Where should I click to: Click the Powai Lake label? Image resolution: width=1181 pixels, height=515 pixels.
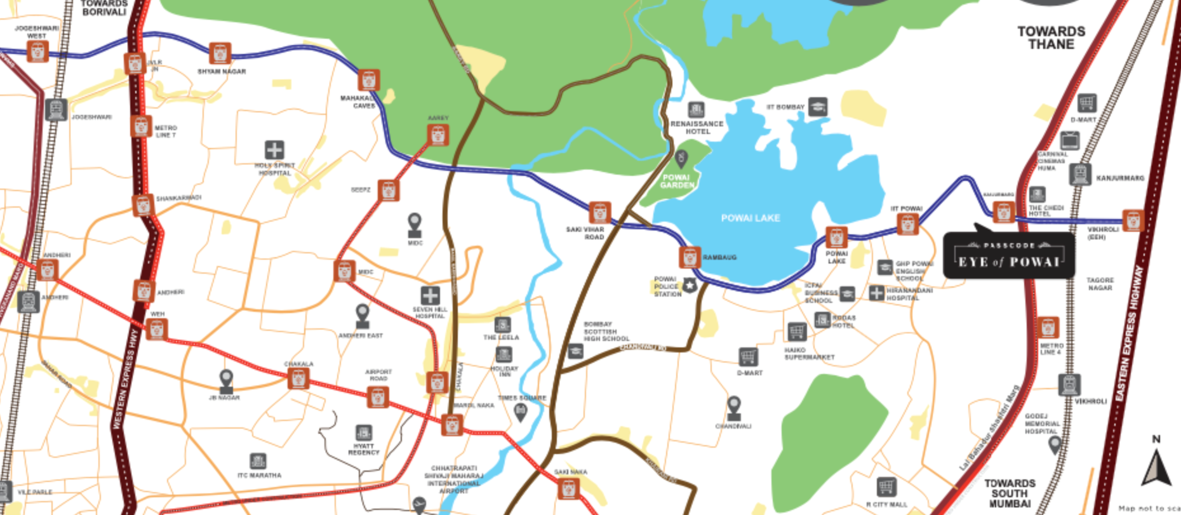(x=750, y=218)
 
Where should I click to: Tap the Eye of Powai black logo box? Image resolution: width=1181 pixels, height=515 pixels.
(x=1008, y=255)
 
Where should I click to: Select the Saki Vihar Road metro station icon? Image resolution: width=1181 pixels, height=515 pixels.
(x=599, y=213)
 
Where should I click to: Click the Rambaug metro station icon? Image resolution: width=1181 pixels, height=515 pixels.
(x=690, y=257)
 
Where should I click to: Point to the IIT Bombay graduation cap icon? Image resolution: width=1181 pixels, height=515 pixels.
(x=818, y=107)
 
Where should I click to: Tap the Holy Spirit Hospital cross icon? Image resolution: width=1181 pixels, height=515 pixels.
(x=274, y=150)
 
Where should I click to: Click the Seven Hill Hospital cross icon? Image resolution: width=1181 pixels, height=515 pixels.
(x=430, y=295)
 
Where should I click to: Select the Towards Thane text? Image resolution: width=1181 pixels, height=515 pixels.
(x=1051, y=37)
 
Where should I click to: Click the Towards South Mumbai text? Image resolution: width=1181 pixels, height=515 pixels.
(x=1010, y=493)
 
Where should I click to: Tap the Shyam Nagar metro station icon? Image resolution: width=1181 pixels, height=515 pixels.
(x=220, y=53)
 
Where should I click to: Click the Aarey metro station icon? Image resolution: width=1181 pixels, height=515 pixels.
(x=437, y=135)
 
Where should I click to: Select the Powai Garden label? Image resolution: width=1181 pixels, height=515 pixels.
(x=677, y=181)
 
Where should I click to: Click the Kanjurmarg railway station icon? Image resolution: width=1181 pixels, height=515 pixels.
(x=1079, y=174)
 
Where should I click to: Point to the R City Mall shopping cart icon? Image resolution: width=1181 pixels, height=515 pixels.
(x=886, y=487)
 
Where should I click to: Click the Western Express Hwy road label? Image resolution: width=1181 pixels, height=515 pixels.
(x=124, y=381)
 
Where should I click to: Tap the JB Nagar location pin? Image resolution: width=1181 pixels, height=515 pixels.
(x=226, y=380)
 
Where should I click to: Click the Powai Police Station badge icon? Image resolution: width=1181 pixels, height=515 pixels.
(x=690, y=286)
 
